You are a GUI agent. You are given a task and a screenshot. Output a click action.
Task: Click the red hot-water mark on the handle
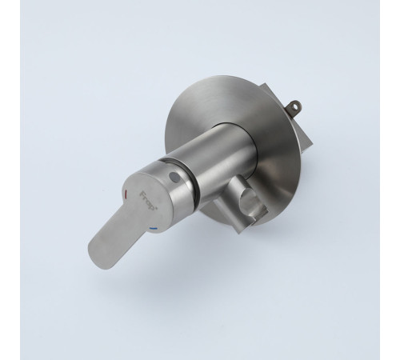126,193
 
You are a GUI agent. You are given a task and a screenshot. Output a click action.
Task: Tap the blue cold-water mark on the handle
154,229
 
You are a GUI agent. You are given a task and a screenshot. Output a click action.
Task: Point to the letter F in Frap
142,194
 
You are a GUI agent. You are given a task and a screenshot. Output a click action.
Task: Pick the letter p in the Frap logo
152,207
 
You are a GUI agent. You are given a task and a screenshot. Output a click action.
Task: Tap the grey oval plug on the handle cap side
174,176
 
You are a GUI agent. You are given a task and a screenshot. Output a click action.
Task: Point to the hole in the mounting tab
295,105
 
